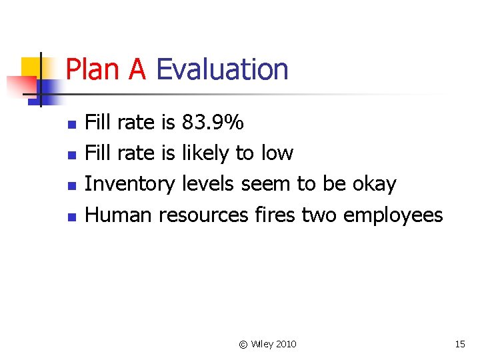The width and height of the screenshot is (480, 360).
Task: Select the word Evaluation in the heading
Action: (x=222, y=70)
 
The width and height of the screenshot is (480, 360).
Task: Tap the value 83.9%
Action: (x=213, y=123)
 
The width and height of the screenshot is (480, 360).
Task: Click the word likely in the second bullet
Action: (x=205, y=153)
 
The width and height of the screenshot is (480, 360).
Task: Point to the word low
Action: (x=277, y=153)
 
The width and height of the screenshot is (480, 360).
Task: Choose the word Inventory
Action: (x=131, y=184)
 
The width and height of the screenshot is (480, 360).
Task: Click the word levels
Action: (x=209, y=184)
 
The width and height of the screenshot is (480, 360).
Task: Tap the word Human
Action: (x=120, y=215)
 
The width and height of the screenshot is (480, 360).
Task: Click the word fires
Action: (x=275, y=215)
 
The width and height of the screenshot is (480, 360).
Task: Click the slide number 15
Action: (x=459, y=344)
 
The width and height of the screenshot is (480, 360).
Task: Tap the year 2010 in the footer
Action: (x=285, y=344)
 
